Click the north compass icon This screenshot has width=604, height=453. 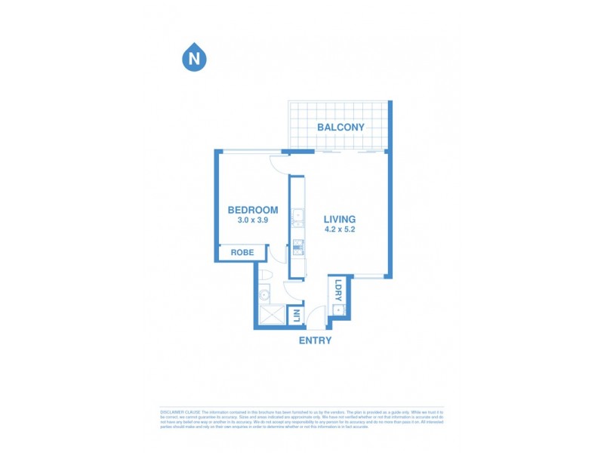pyautogui.click(x=195, y=57)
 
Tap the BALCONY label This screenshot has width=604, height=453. pyautogui.click(x=341, y=127)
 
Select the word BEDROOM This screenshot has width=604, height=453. pyautogui.click(x=253, y=210)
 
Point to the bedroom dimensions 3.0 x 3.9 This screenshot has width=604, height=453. pyautogui.click(x=253, y=220)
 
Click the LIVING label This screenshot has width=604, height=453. pyautogui.click(x=340, y=219)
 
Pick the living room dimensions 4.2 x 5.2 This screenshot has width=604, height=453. pyautogui.click(x=340, y=229)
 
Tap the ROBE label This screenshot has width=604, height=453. pyautogui.click(x=242, y=252)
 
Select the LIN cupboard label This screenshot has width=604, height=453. pyautogui.click(x=297, y=316)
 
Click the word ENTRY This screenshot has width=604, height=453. pyautogui.click(x=315, y=341)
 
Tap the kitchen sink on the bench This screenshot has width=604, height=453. pyautogui.click(x=297, y=214)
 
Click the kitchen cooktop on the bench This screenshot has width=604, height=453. pyautogui.click(x=297, y=245)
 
